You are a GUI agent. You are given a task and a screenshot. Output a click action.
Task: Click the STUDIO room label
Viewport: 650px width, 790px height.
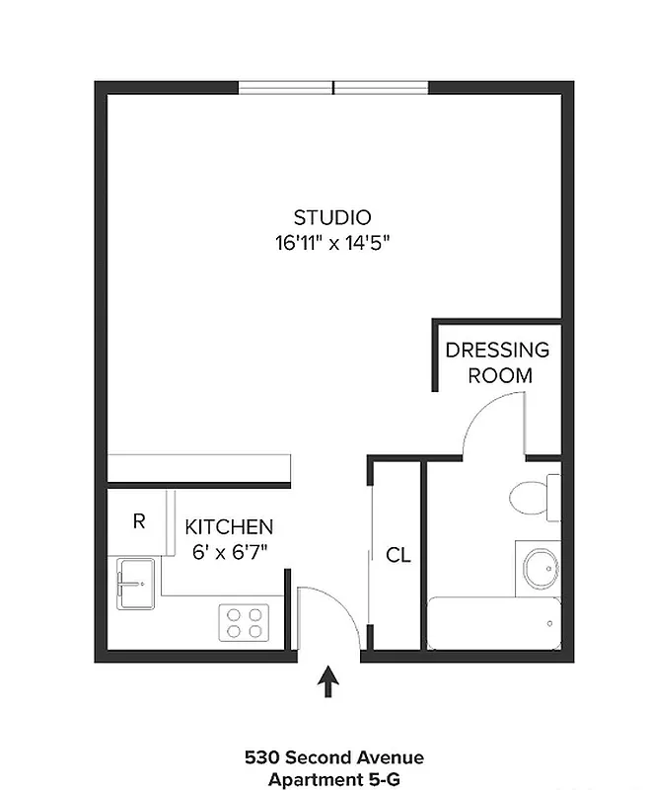332,217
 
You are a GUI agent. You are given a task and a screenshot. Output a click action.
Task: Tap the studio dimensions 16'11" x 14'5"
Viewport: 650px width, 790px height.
333,244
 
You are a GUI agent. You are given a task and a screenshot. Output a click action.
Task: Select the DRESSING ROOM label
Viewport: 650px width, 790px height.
498,362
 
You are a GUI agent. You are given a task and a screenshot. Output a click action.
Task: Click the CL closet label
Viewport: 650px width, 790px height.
397,556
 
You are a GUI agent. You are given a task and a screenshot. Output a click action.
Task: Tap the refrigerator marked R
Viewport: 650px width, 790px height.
139,520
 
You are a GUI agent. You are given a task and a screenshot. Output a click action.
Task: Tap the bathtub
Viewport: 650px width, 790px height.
493,624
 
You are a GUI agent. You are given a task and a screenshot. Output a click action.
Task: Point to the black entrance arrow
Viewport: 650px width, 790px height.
329,682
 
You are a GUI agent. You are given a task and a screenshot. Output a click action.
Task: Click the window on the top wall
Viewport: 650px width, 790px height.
333,88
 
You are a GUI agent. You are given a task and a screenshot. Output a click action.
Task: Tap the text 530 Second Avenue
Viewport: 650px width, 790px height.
333,758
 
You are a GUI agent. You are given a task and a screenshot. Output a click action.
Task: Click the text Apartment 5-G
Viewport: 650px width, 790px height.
333,779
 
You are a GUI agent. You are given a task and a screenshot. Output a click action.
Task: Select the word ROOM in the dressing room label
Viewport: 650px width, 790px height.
499,375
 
